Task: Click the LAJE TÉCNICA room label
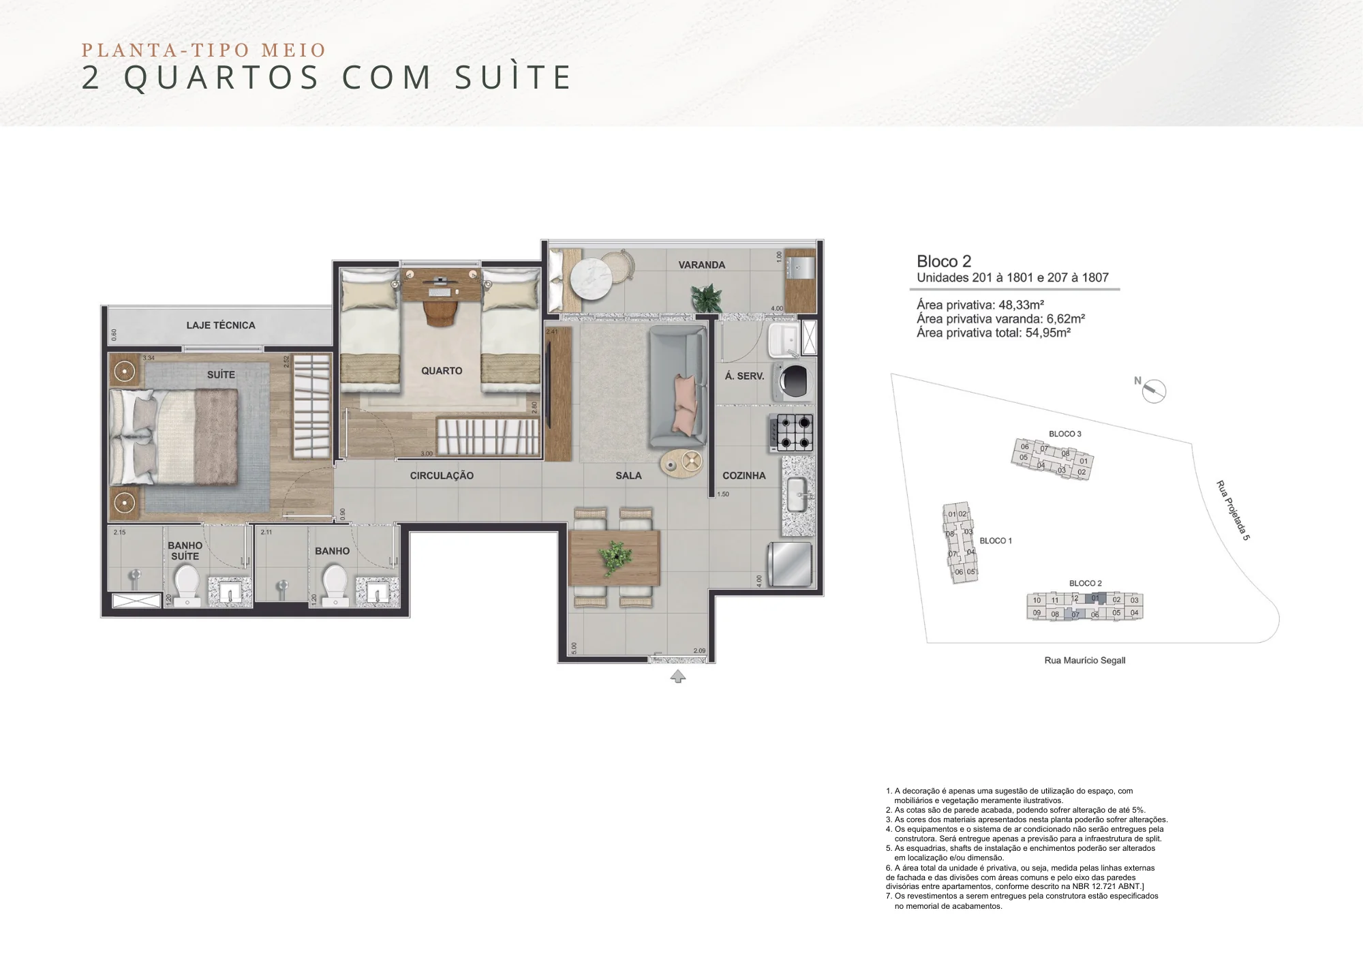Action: coord(221,325)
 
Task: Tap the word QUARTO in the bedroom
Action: coord(442,371)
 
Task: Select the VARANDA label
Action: coord(701,265)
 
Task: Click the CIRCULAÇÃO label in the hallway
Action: coord(442,476)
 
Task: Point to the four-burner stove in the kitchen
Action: coord(793,432)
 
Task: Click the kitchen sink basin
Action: coord(798,494)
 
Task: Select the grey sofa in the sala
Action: coord(677,386)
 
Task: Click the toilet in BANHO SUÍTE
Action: coord(186,585)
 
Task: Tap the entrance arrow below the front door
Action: coord(677,676)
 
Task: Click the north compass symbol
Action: coord(1154,391)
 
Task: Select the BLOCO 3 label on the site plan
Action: coord(1065,434)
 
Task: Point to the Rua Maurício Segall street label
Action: coord(1084,661)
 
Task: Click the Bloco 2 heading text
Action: coord(944,261)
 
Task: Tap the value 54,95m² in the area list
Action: coord(1047,333)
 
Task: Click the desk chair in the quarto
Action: coord(441,313)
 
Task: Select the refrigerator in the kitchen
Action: coord(791,564)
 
